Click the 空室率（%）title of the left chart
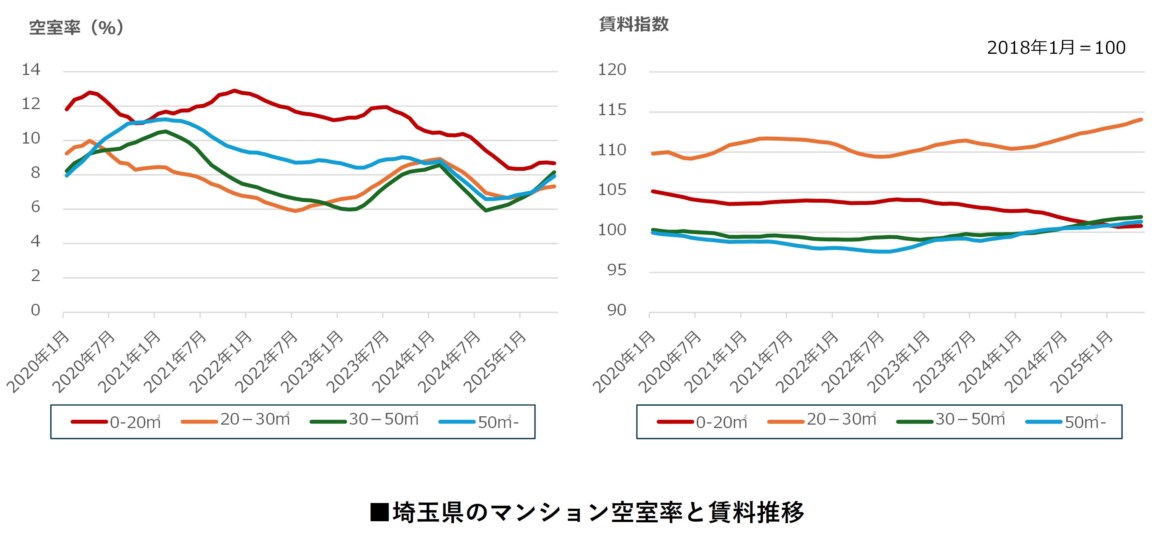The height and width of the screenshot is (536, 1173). tap(76, 28)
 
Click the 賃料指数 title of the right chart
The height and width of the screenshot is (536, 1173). tap(633, 24)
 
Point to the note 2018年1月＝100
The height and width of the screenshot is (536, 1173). tap(1056, 48)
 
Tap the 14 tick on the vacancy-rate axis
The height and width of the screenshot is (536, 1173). tap(31, 70)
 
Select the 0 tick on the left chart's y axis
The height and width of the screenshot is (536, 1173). tap(36, 310)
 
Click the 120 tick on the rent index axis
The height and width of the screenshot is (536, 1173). tap(612, 70)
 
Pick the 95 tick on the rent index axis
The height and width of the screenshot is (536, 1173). tap(616, 270)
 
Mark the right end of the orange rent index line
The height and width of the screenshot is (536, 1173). tap(1141, 120)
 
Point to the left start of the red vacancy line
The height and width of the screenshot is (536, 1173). tap(67, 109)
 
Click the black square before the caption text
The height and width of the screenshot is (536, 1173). tap(379, 512)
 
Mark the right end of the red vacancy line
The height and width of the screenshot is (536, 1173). tap(554, 163)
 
